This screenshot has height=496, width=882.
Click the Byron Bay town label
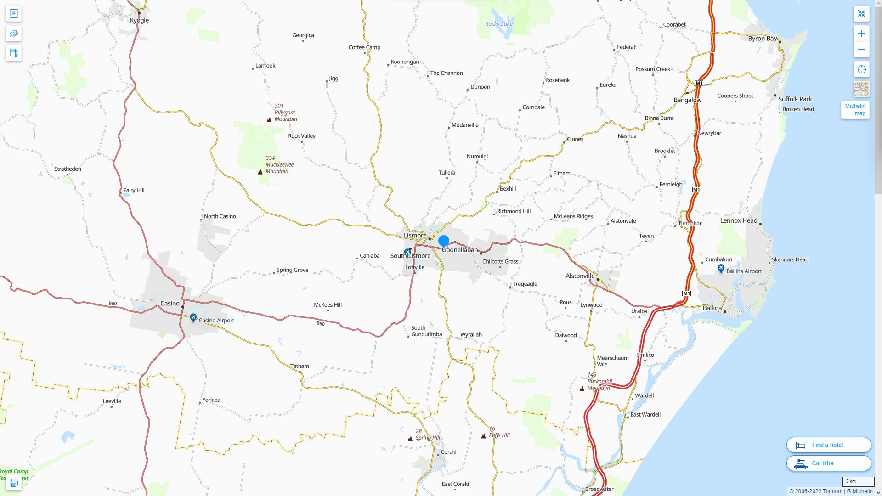[x=762, y=39]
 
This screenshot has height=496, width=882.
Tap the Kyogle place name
[x=139, y=20]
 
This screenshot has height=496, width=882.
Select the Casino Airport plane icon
[x=193, y=318]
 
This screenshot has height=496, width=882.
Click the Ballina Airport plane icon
[x=721, y=269]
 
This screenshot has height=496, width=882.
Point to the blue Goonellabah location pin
[x=444, y=241]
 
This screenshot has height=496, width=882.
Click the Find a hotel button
[x=828, y=445]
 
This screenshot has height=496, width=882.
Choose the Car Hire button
[x=828, y=463]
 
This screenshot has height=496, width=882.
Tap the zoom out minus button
[x=861, y=50]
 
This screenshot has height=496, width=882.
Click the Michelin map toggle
[x=855, y=110]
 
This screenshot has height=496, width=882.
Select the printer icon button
[x=13, y=483]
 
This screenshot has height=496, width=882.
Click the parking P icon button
[x=13, y=14]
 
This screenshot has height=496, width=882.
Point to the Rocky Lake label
[x=498, y=24]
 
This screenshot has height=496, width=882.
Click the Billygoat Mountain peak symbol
[x=269, y=120]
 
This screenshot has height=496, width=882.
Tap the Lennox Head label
[x=738, y=220]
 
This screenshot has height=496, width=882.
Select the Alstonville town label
[x=580, y=276]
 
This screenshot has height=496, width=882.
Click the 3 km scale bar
[x=858, y=481]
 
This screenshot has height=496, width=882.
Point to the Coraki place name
[x=448, y=452]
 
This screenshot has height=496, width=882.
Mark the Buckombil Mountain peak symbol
[x=582, y=389]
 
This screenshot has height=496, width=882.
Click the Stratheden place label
[x=68, y=169]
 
